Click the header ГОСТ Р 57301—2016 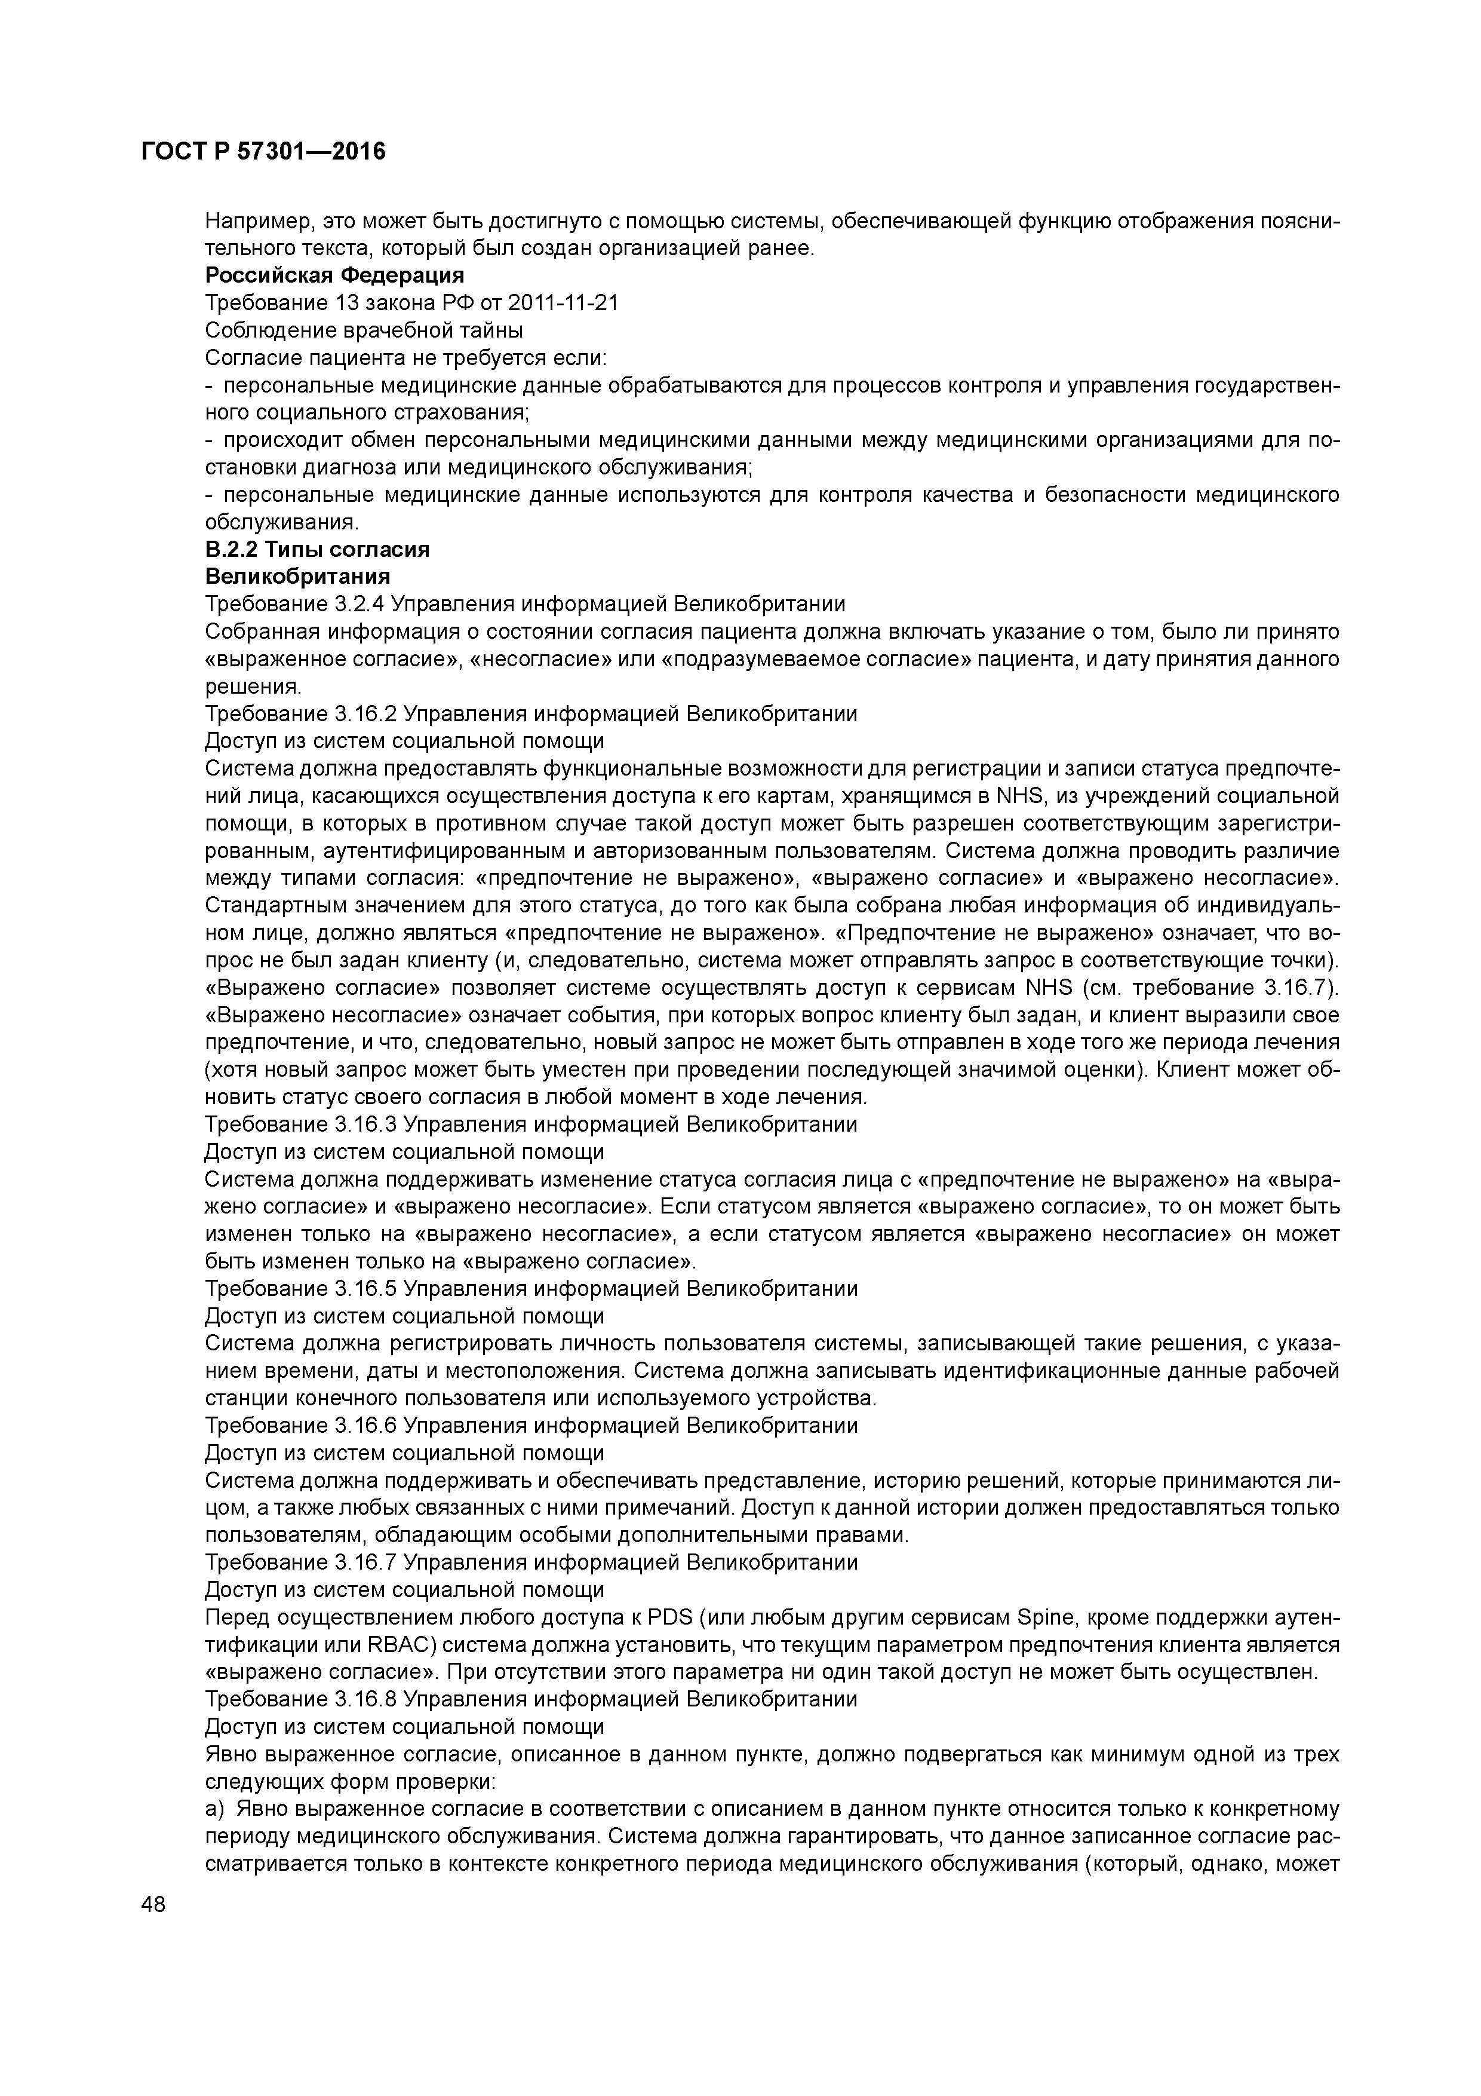click(x=264, y=152)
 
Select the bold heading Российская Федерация click(x=334, y=275)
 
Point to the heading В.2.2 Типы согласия click(x=317, y=550)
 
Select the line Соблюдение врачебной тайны click(x=363, y=330)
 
